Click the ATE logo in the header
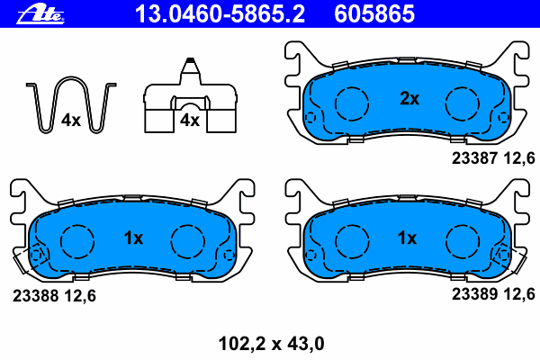(40, 14)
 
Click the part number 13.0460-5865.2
(220, 14)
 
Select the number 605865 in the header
(374, 14)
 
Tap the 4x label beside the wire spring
(71, 121)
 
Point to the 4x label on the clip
(190, 121)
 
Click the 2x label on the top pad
(409, 99)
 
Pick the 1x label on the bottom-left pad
(133, 238)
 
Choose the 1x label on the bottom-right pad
(407, 238)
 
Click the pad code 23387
(474, 158)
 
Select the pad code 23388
(35, 296)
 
